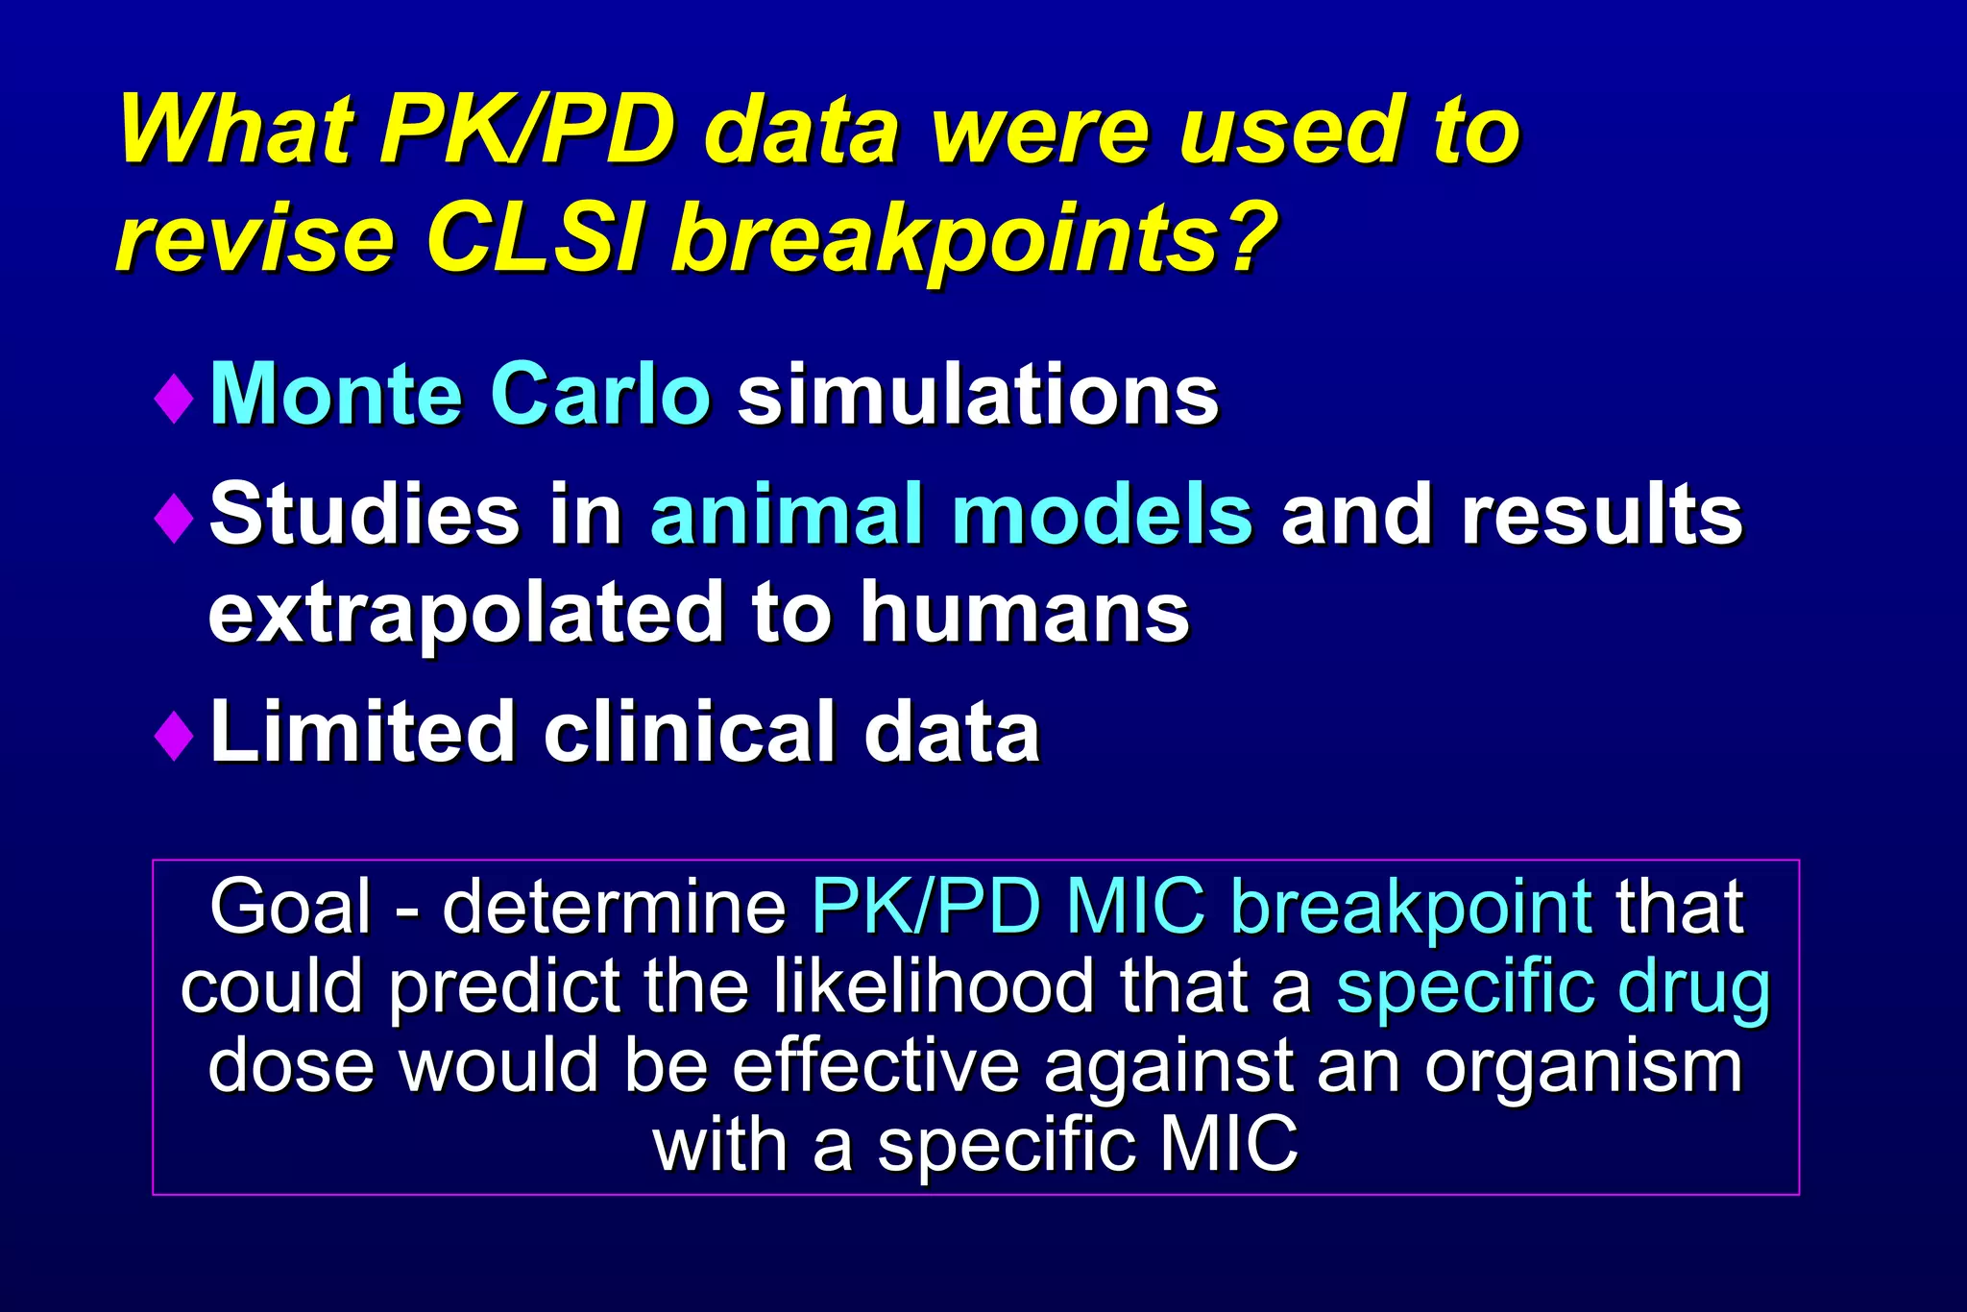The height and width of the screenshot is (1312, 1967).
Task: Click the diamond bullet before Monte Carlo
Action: point(174,398)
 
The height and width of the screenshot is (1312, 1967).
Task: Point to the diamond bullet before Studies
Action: point(174,518)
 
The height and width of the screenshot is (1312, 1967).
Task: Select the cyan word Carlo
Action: point(599,394)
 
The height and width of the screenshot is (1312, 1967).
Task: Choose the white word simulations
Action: point(977,394)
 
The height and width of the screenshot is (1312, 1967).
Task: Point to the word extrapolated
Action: point(466,613)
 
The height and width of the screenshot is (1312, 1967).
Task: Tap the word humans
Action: point(1024,613)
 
